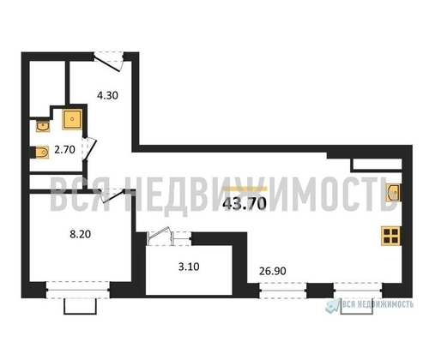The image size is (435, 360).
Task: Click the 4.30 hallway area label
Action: point(107,95)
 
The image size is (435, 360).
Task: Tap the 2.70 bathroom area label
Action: point(64,149)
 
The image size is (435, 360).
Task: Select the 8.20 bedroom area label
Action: point(81,234)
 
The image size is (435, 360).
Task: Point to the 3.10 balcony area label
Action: point(189,267)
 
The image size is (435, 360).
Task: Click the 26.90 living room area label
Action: point(272,271)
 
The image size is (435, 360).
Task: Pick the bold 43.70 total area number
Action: point(245,204)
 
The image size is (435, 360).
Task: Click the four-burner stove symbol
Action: point(391,236)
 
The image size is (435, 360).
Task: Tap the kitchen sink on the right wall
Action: point(393,192)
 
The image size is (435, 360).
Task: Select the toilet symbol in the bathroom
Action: point(40,153)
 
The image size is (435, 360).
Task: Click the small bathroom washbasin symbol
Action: point(43,126)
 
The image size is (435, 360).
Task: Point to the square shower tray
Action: point(72,119)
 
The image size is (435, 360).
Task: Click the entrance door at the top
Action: point(109,61)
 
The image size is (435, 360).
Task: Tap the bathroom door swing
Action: point(88,149)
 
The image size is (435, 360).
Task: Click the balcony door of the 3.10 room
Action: point(169,237)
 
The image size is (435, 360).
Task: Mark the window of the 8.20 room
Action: point(78,290)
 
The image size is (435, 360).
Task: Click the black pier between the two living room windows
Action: point(320,291)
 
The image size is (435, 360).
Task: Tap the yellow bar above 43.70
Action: point(245,189)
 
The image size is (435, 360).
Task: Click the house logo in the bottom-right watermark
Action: point(332,306)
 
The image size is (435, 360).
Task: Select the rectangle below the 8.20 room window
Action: point(80,307)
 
